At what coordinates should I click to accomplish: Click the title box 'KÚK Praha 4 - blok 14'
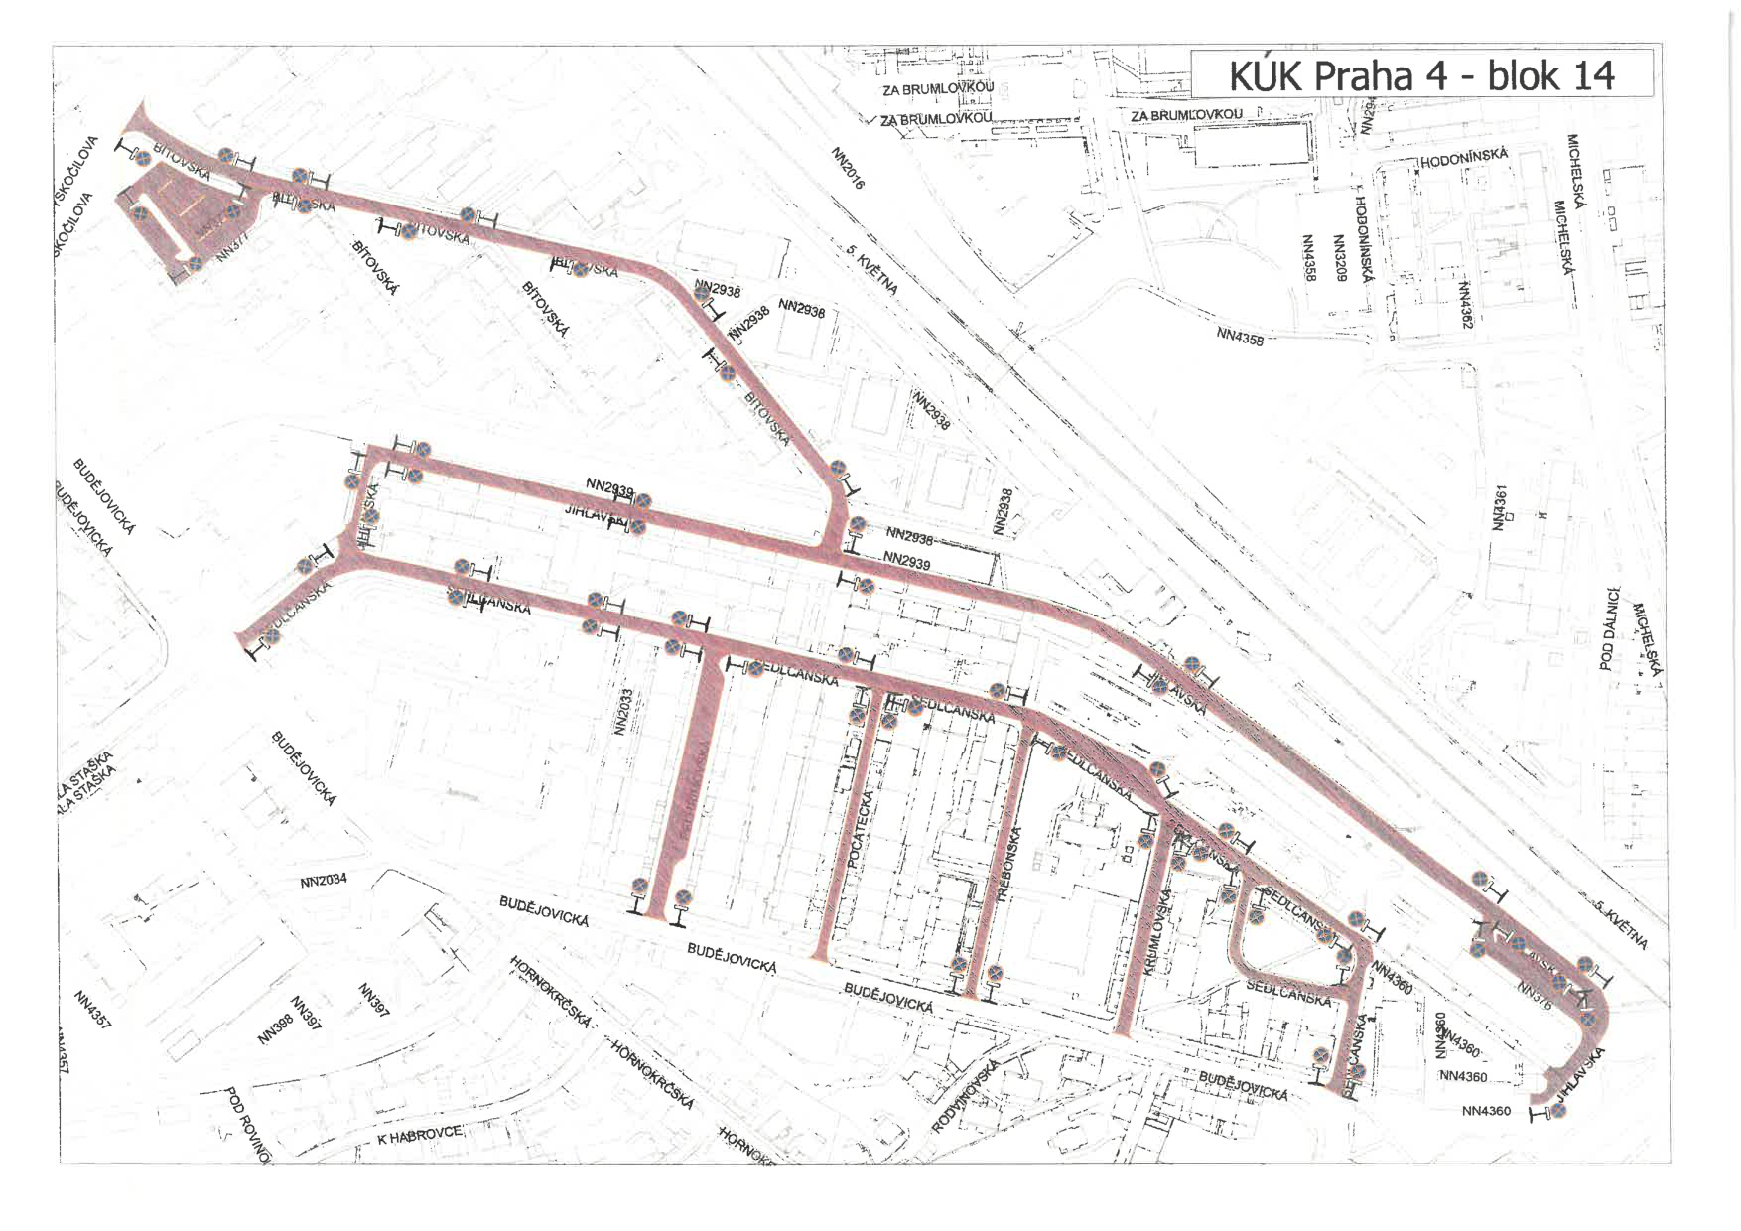(1421, 74)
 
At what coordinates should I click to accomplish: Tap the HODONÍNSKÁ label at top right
(1464, 157)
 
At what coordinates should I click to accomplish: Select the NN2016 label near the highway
(848, 168)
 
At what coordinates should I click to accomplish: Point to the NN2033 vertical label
(623, 712)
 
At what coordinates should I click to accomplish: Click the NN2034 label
(324, 881)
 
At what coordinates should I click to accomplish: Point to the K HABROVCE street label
(419, 1135)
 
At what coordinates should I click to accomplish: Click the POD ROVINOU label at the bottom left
(248, 1125)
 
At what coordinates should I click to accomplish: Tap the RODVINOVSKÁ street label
(965, 1096)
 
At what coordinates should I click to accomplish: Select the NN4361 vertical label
(1501, 507)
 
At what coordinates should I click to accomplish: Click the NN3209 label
(1339, 258)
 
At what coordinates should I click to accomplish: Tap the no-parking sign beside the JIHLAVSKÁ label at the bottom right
(1559, 1111)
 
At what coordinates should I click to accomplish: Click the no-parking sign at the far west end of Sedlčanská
(271, 636)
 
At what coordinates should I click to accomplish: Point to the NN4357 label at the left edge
(91, 1008)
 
